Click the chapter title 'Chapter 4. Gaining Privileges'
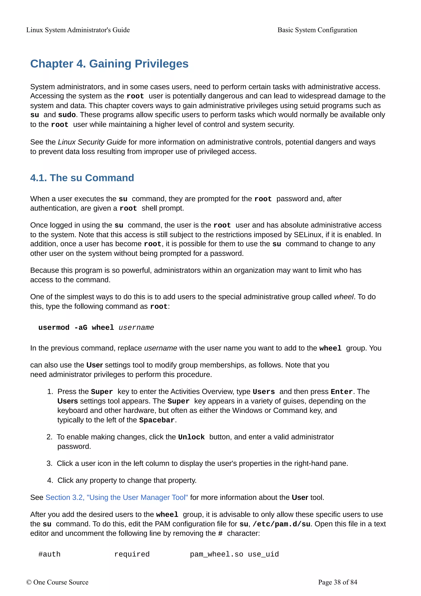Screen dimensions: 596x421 point(109,64)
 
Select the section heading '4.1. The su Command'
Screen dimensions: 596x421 point(82,178)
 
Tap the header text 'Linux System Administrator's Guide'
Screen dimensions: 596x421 point(78,30)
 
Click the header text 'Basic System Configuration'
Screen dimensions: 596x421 point(317,30)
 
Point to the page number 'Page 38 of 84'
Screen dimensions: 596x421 point(338,582)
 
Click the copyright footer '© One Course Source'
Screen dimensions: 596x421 point(57,582)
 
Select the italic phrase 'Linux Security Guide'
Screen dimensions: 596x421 point(92,142)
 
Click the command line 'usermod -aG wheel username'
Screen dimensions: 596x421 point(96,328)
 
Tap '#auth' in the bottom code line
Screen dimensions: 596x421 point(49,554)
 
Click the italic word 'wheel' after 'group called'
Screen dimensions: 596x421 point(344,297)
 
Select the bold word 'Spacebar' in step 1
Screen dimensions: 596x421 point(157,420)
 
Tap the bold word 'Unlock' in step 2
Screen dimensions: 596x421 point(191,437)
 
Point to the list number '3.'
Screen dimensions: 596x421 point(49,463)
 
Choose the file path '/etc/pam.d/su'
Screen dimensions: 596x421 point(281,524)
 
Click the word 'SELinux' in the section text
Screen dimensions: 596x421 point(308,235)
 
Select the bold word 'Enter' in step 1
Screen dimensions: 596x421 point(341,392)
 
